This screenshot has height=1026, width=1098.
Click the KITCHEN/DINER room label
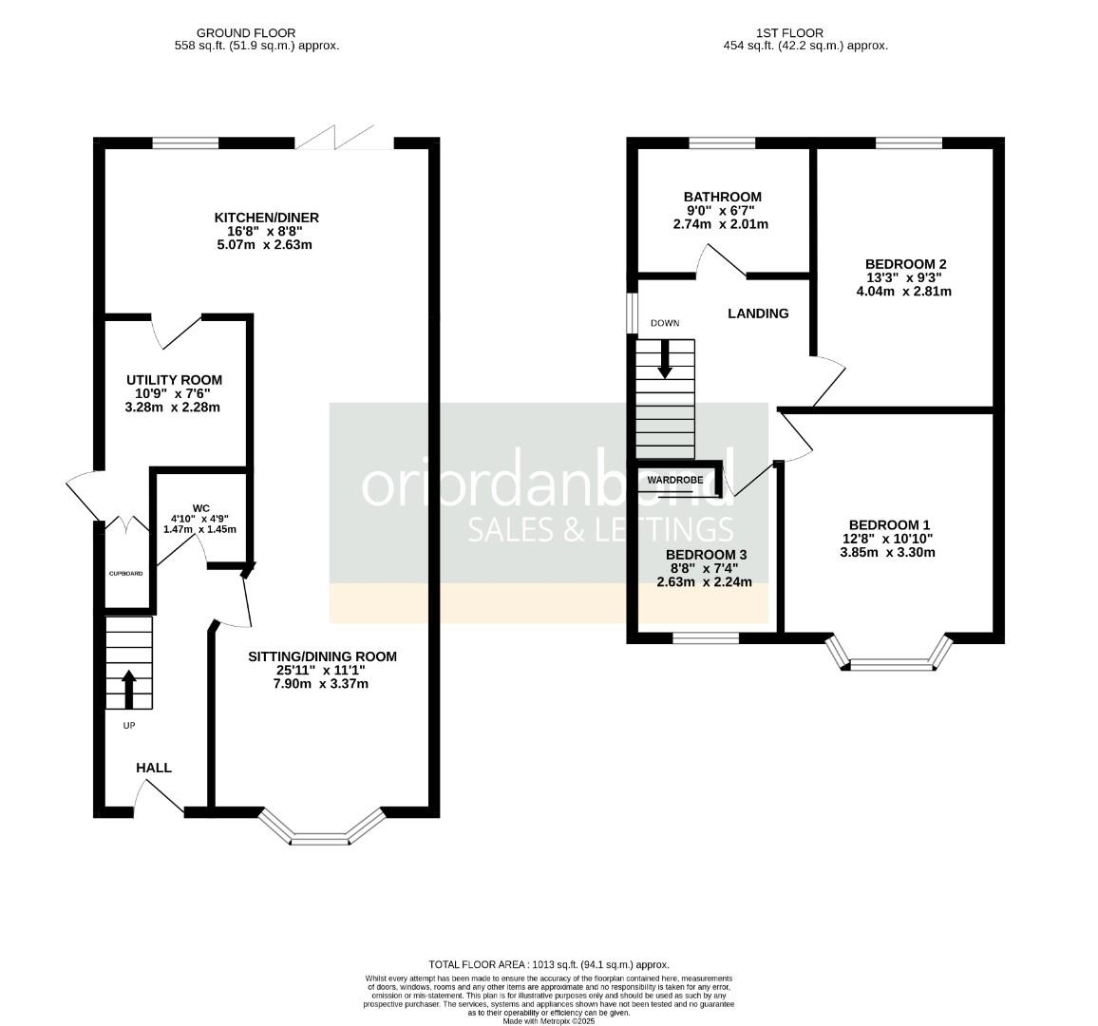266,218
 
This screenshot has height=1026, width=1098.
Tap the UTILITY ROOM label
174,380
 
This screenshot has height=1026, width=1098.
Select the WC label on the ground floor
200,506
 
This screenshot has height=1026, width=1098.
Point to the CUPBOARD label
125,574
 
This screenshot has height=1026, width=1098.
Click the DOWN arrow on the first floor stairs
665,357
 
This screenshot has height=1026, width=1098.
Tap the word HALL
154,768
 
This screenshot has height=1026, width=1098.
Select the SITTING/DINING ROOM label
322,656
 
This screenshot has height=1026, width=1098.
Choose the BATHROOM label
723,197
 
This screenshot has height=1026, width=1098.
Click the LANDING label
758,313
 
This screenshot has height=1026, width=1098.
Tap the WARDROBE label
675,481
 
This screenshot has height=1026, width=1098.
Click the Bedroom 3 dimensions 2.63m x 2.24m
704,582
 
